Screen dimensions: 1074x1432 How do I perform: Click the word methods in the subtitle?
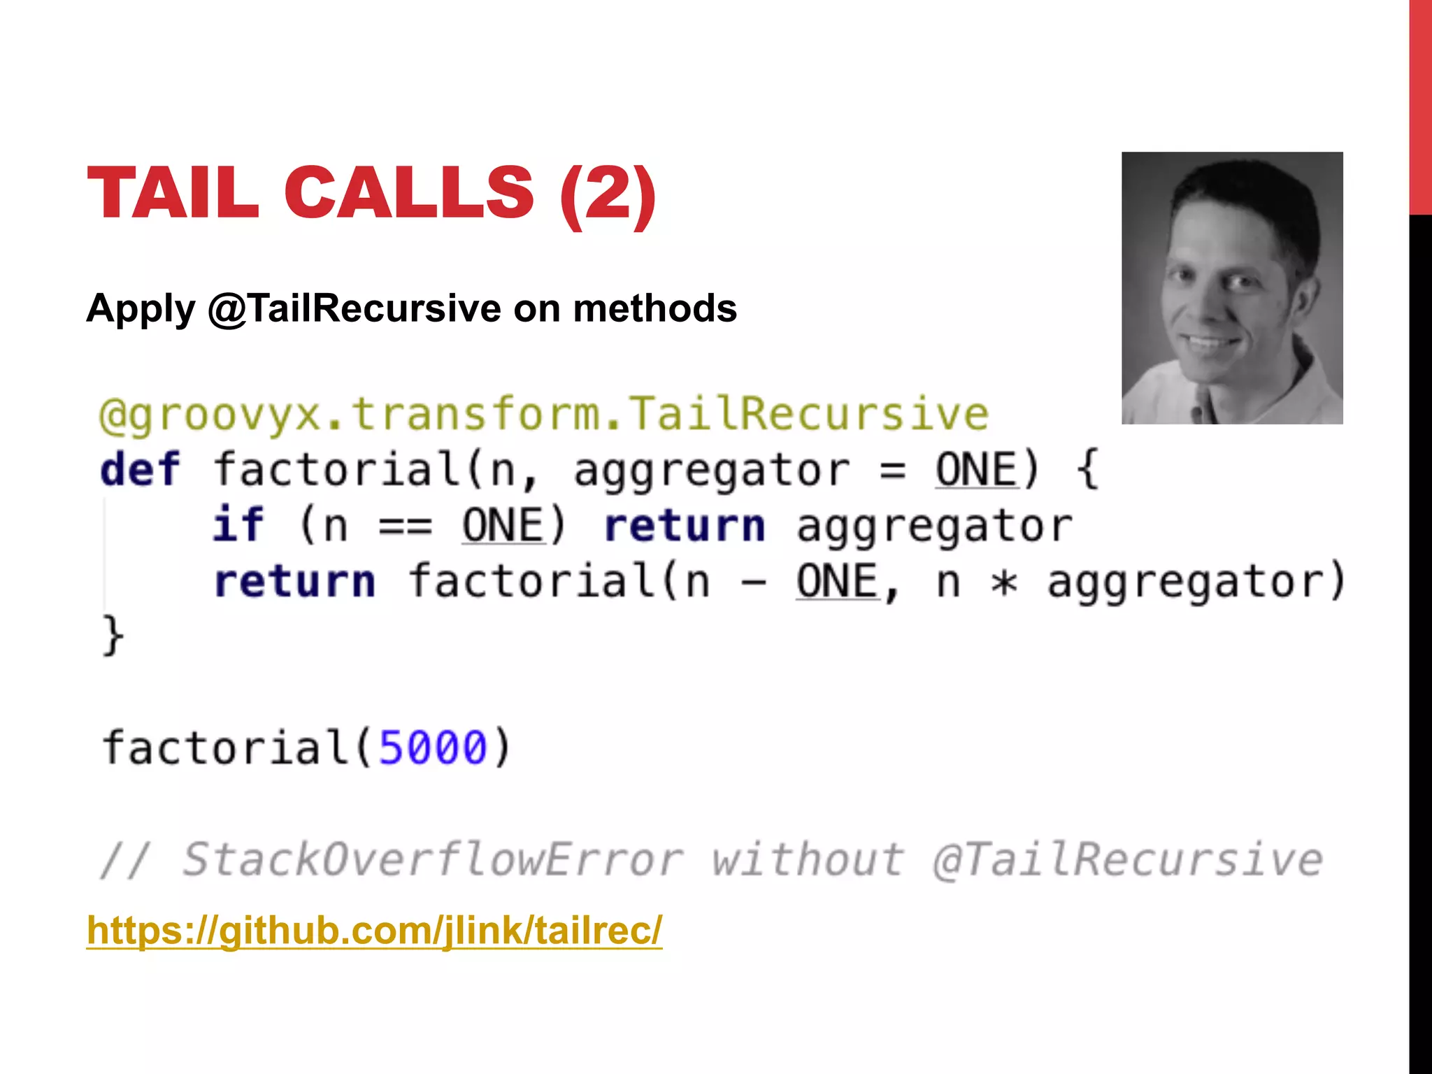(x=654, y=308)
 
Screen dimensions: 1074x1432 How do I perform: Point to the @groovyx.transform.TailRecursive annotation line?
(x=543, y=415)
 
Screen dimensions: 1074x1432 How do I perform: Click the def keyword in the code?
(x=140, y=469)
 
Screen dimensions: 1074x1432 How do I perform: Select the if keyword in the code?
(x=238, y=524)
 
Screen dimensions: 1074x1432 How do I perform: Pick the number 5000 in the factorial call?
(x=433, y=747)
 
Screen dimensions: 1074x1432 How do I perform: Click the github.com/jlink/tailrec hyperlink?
(x=374, y=930)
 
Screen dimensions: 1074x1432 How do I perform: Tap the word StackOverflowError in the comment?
(x=432, y=859)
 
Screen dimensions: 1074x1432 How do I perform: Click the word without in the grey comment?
(x=808, y=859)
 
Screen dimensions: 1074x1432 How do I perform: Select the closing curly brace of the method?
(x=113, y=636)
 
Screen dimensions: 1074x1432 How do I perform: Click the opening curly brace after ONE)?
(x=1087, y=469)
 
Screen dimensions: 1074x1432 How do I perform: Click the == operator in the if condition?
(x=406, y=526)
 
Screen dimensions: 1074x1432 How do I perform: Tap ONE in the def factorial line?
(x=976, y=469)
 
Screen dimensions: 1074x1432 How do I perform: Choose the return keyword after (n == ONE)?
(x=685, y=526)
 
